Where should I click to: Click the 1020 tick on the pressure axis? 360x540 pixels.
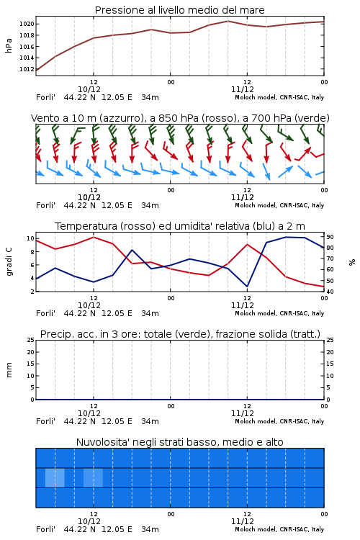(27, 24)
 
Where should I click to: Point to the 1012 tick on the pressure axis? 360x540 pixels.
(27, 69)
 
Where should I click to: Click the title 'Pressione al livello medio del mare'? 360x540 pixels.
(180, 10)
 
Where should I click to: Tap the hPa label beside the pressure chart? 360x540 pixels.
(9, 45)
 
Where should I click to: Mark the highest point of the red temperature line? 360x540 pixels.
(94, 237)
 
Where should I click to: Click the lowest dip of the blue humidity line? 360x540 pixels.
(247, 287)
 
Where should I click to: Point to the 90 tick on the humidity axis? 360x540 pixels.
(330, 237)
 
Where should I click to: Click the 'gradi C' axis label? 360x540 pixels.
(9, 262)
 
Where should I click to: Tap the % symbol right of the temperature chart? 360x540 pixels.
(352, 262)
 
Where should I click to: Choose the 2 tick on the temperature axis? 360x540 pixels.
(32, 292)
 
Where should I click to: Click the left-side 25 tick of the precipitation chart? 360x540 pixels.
(31, 340)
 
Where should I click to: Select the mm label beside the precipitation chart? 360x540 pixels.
(9, 370)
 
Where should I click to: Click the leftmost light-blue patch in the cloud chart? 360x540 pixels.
(55, 477)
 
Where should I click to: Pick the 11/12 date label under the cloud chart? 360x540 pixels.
(243, 521)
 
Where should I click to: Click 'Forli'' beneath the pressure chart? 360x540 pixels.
(45, 97)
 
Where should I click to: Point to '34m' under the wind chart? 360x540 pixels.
(150, 206)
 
